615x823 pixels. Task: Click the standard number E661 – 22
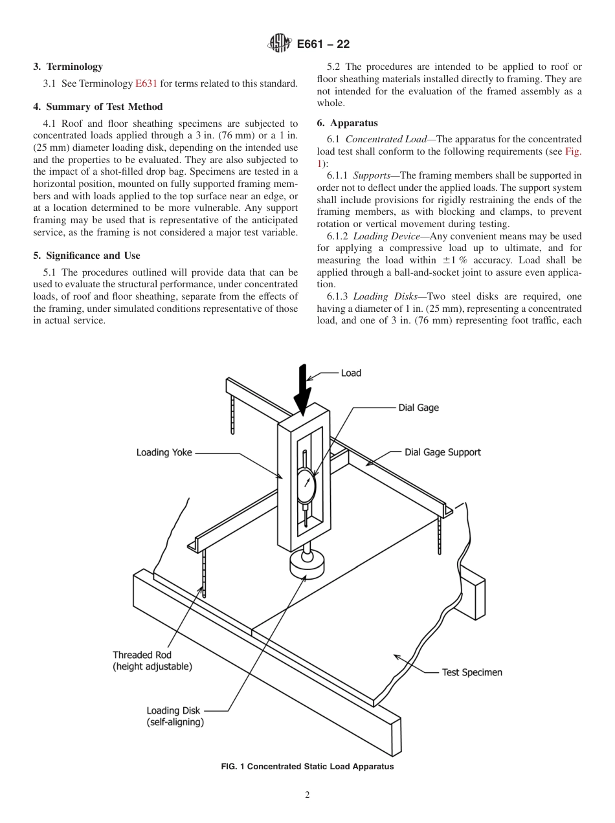(x=323, y=44)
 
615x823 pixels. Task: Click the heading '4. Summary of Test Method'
(x=98, y=107)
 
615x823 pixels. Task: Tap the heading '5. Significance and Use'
(x=87, y=256)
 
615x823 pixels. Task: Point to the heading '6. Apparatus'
(x=348, y=123)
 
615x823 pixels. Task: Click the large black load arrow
(x=302, y=388)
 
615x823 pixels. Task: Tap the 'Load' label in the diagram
(x=351, y=373)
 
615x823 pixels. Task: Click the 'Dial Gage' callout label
(x=418, y=408)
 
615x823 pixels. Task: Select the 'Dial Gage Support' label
(x=443, y=452)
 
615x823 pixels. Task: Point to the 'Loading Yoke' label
(x=164, y=453)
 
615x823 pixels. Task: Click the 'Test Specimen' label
(x=472, y=672)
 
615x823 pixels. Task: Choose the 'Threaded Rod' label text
(x=142, y=655)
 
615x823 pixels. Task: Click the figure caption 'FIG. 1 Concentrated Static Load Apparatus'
(x=307, y=767)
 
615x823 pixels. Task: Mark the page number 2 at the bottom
(x=307, y=795)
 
